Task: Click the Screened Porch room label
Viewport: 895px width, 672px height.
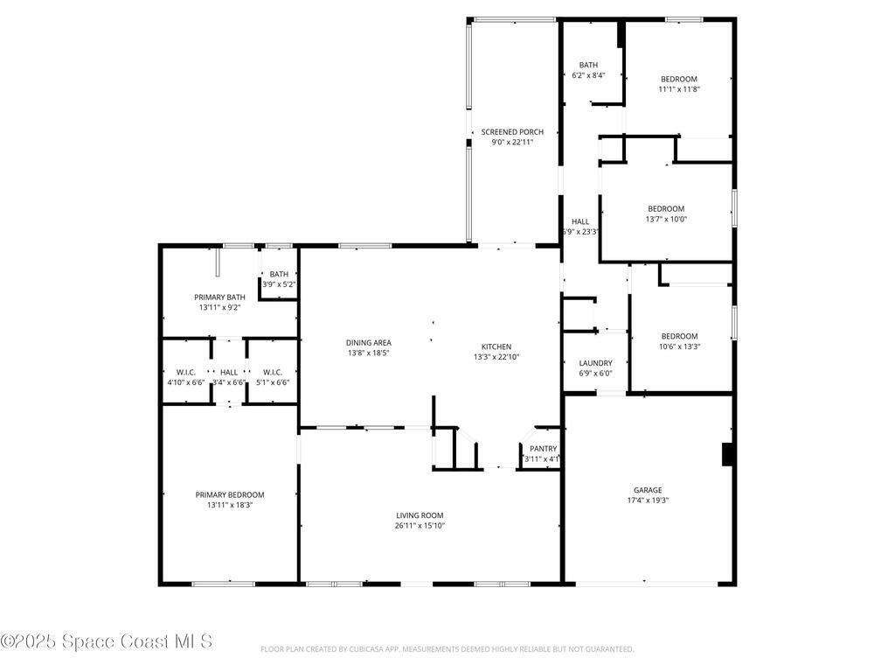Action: [x=512, y=132]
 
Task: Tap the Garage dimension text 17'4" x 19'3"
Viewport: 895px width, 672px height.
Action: [x=648, y=501]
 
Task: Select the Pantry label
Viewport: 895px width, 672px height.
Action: [x=543, y=449]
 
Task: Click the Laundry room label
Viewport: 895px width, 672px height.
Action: [x=595, y=363]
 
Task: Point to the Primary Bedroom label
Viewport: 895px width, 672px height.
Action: [x=230, y=494]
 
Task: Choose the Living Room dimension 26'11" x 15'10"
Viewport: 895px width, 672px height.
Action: [x=420, y=526]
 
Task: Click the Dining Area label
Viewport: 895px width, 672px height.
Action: [x=369, y=342]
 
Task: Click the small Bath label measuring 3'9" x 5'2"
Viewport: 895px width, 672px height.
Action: [x=279, y=274]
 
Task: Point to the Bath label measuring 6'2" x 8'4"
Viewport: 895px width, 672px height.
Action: [x=588, y=65]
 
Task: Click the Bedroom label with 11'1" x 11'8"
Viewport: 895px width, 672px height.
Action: [x=679, y=79]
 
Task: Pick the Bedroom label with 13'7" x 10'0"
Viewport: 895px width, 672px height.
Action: [x=666, y=208]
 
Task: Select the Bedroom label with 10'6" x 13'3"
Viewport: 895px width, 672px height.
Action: [x=679, y=336]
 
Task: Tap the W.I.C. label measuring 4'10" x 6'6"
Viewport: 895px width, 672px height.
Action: [x=185, y=372]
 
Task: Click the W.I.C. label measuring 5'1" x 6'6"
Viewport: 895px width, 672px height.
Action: [x=271, y=372]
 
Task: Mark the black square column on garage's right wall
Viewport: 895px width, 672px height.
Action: [x=726, y=455]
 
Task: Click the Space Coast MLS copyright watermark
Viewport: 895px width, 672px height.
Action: [x=107, y=641]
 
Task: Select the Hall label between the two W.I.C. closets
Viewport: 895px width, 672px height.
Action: [x=229, y=372]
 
